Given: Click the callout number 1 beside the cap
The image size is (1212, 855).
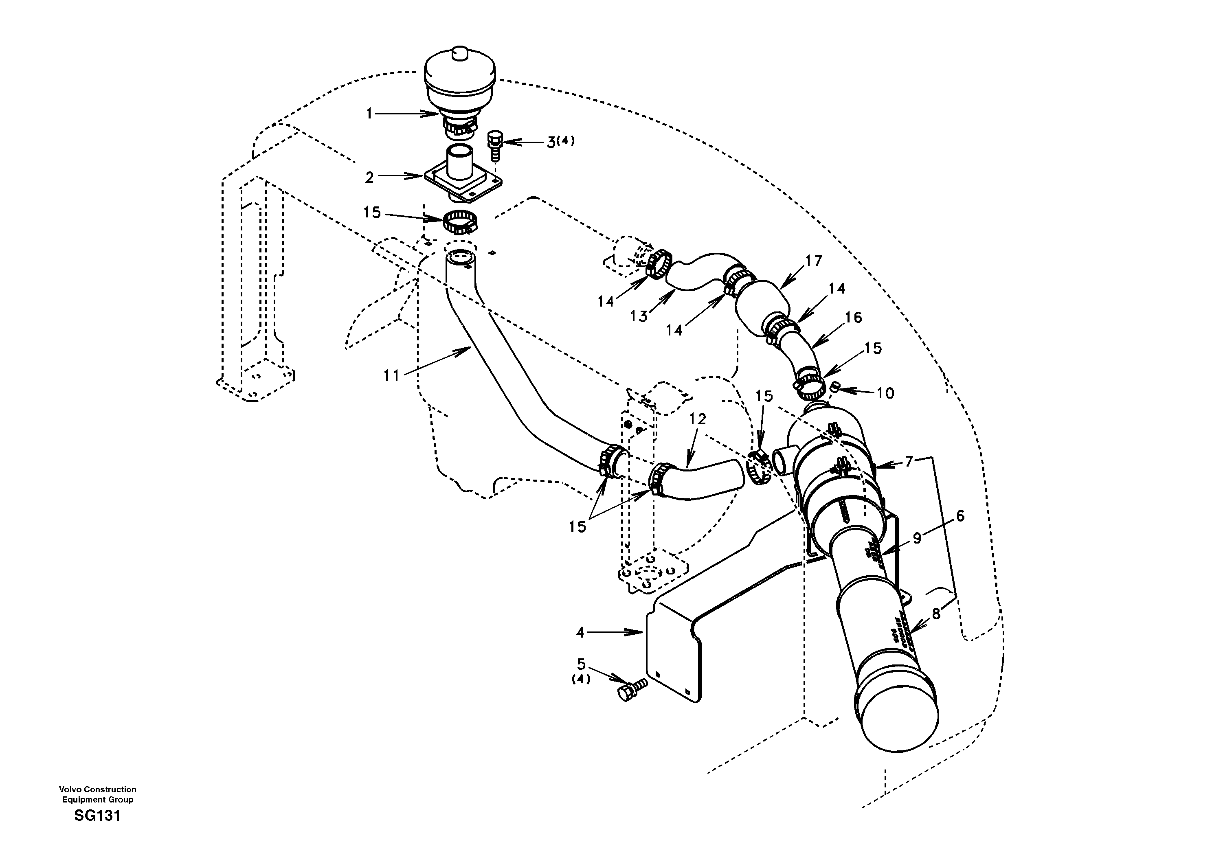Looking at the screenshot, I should [x=369, y=114].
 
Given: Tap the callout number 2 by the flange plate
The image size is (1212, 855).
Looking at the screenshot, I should [x=369, y=178].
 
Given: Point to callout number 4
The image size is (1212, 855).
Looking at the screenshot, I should [x=580, y=632].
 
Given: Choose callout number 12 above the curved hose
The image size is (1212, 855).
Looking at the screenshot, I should [x=697, y=419].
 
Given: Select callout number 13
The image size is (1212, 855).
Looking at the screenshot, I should [x=639, y=317].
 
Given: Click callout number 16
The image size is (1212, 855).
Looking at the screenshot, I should [x=853, y=317].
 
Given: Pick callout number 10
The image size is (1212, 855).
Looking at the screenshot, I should [x=885, y=393].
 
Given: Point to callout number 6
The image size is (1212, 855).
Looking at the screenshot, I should [x=960, y=516].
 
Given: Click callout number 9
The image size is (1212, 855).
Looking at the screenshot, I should [x=917, y=538].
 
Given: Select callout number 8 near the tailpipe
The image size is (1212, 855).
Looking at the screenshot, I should [x=936, y=614].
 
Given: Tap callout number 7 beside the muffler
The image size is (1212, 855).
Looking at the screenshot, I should [x=909, y=462].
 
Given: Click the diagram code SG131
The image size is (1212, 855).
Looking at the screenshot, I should [x=97, y=816].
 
